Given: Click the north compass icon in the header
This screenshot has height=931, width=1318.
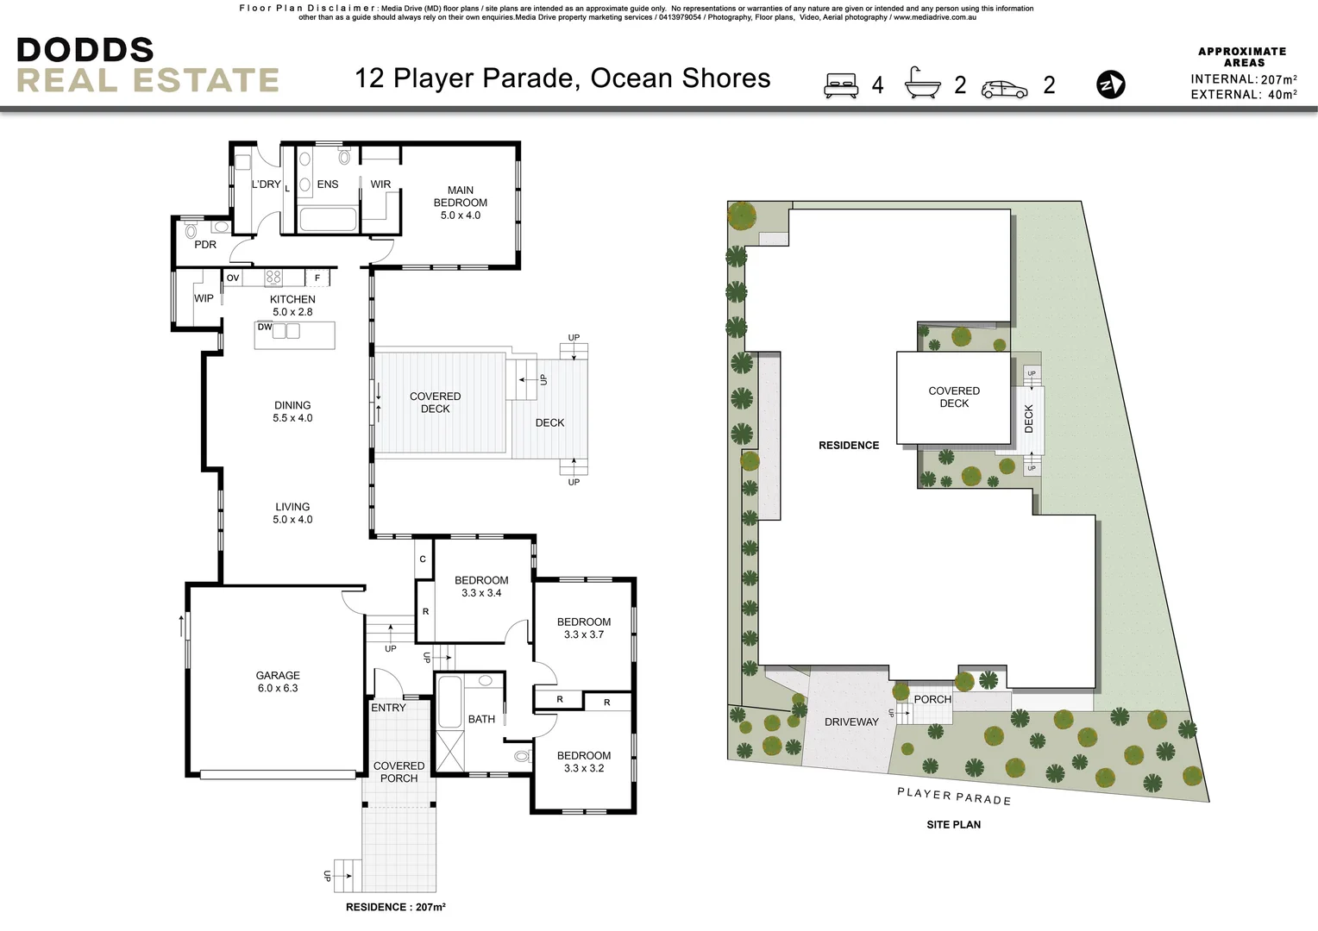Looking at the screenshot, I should tap(1110, 84).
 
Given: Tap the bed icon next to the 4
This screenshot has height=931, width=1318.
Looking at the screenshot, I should tap(841, 84).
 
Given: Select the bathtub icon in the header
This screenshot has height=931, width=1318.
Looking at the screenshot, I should tap(922, 84).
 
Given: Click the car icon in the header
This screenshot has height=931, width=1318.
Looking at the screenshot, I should tap(1004, 88).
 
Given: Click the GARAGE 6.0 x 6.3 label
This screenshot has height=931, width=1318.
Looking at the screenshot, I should tap(277, 682).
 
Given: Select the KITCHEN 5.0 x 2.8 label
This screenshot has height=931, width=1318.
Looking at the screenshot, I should tap(292, 305).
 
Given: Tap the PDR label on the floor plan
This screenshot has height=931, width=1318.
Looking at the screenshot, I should tap(205, 245).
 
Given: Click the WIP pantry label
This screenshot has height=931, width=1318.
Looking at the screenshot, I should tap(204, 298).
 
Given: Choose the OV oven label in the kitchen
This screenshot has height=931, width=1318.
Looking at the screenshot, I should tap(233, 278).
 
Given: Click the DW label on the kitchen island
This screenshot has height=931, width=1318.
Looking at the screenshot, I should tap(265, 327).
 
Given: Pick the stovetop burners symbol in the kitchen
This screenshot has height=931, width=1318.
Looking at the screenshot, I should tap(273, 278).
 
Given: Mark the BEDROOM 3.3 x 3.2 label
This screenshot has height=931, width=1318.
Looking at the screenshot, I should tap(583, 761).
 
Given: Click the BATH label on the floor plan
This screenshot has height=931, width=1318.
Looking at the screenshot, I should tap(481, 719).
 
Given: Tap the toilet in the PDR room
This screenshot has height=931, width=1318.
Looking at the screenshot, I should tap(191, 230).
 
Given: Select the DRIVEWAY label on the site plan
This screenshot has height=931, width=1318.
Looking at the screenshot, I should tap(850, 722).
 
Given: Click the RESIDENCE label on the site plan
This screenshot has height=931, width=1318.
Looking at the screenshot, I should tap(849, 445).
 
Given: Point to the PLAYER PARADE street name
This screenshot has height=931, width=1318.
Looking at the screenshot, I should tap(953, 796).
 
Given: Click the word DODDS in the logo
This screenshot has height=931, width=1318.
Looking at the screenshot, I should tap(85, 50).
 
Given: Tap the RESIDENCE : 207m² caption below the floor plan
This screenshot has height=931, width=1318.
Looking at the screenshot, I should tap(395, 907).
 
